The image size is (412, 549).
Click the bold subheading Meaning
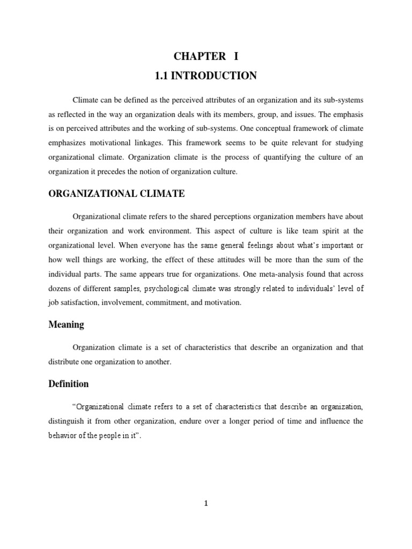[x=66, y=325]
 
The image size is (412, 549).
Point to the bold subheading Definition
[x=68, y=384]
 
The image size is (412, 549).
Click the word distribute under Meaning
[x=64, y=361]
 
